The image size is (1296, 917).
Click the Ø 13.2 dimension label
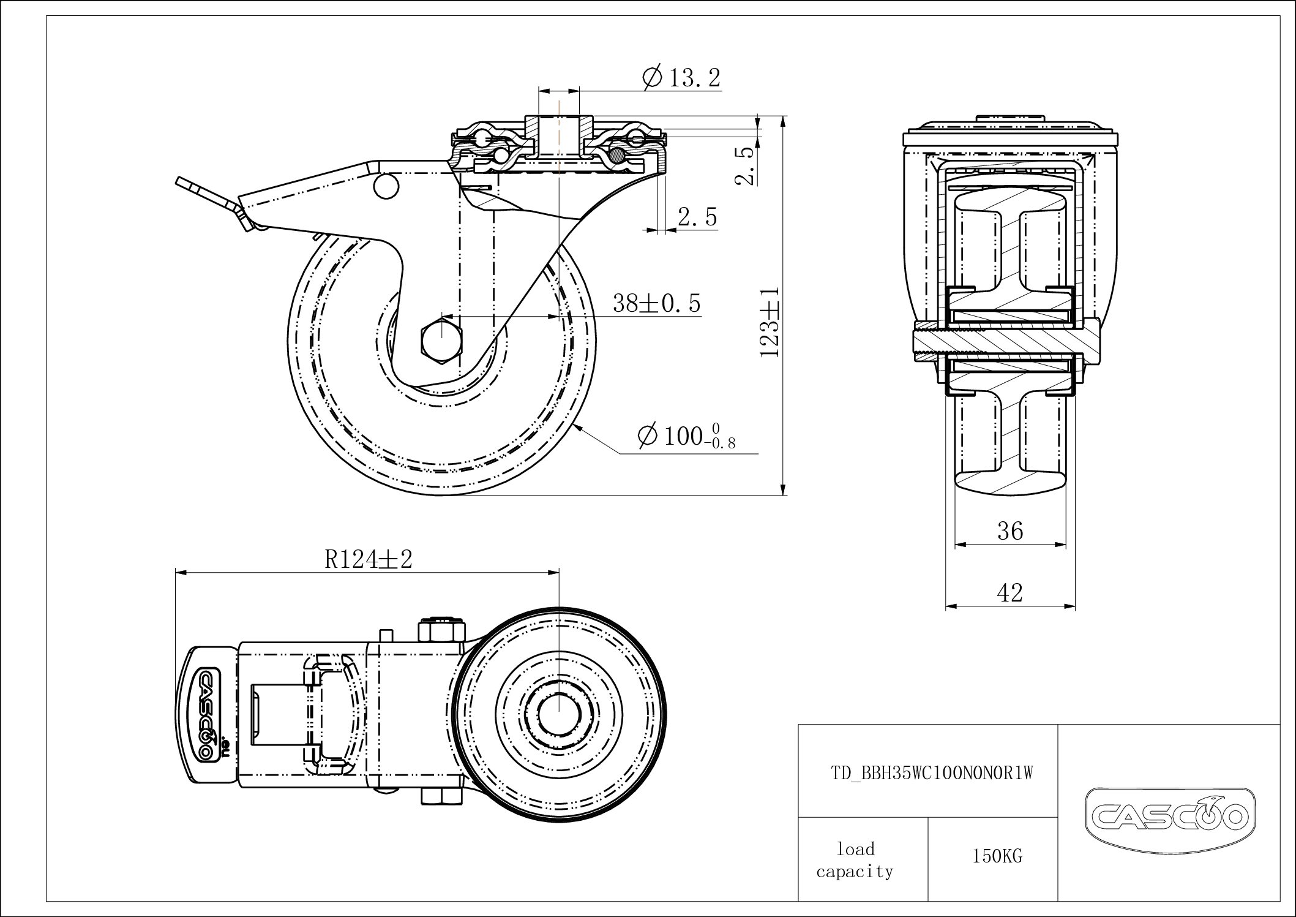tap(681, 78)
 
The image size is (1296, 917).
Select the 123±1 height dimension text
tap(770, 322)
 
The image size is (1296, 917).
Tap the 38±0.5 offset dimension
tap(656, 303)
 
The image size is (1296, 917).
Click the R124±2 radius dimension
tap(368, 559)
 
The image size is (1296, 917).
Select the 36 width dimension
tap(1010, 531)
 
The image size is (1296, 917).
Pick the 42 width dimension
tap(1010, 592)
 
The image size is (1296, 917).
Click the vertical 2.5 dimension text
tap(743, 165)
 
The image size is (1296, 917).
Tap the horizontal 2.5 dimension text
tap(697, 217)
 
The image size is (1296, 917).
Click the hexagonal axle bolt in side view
tap(442, 339)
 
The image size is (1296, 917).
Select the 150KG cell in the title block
tap(997, 856)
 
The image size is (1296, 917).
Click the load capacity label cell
tap(855, 860)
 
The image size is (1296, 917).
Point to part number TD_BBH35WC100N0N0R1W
tap(931, 774)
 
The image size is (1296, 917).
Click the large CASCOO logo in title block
tap(1169, 816)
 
